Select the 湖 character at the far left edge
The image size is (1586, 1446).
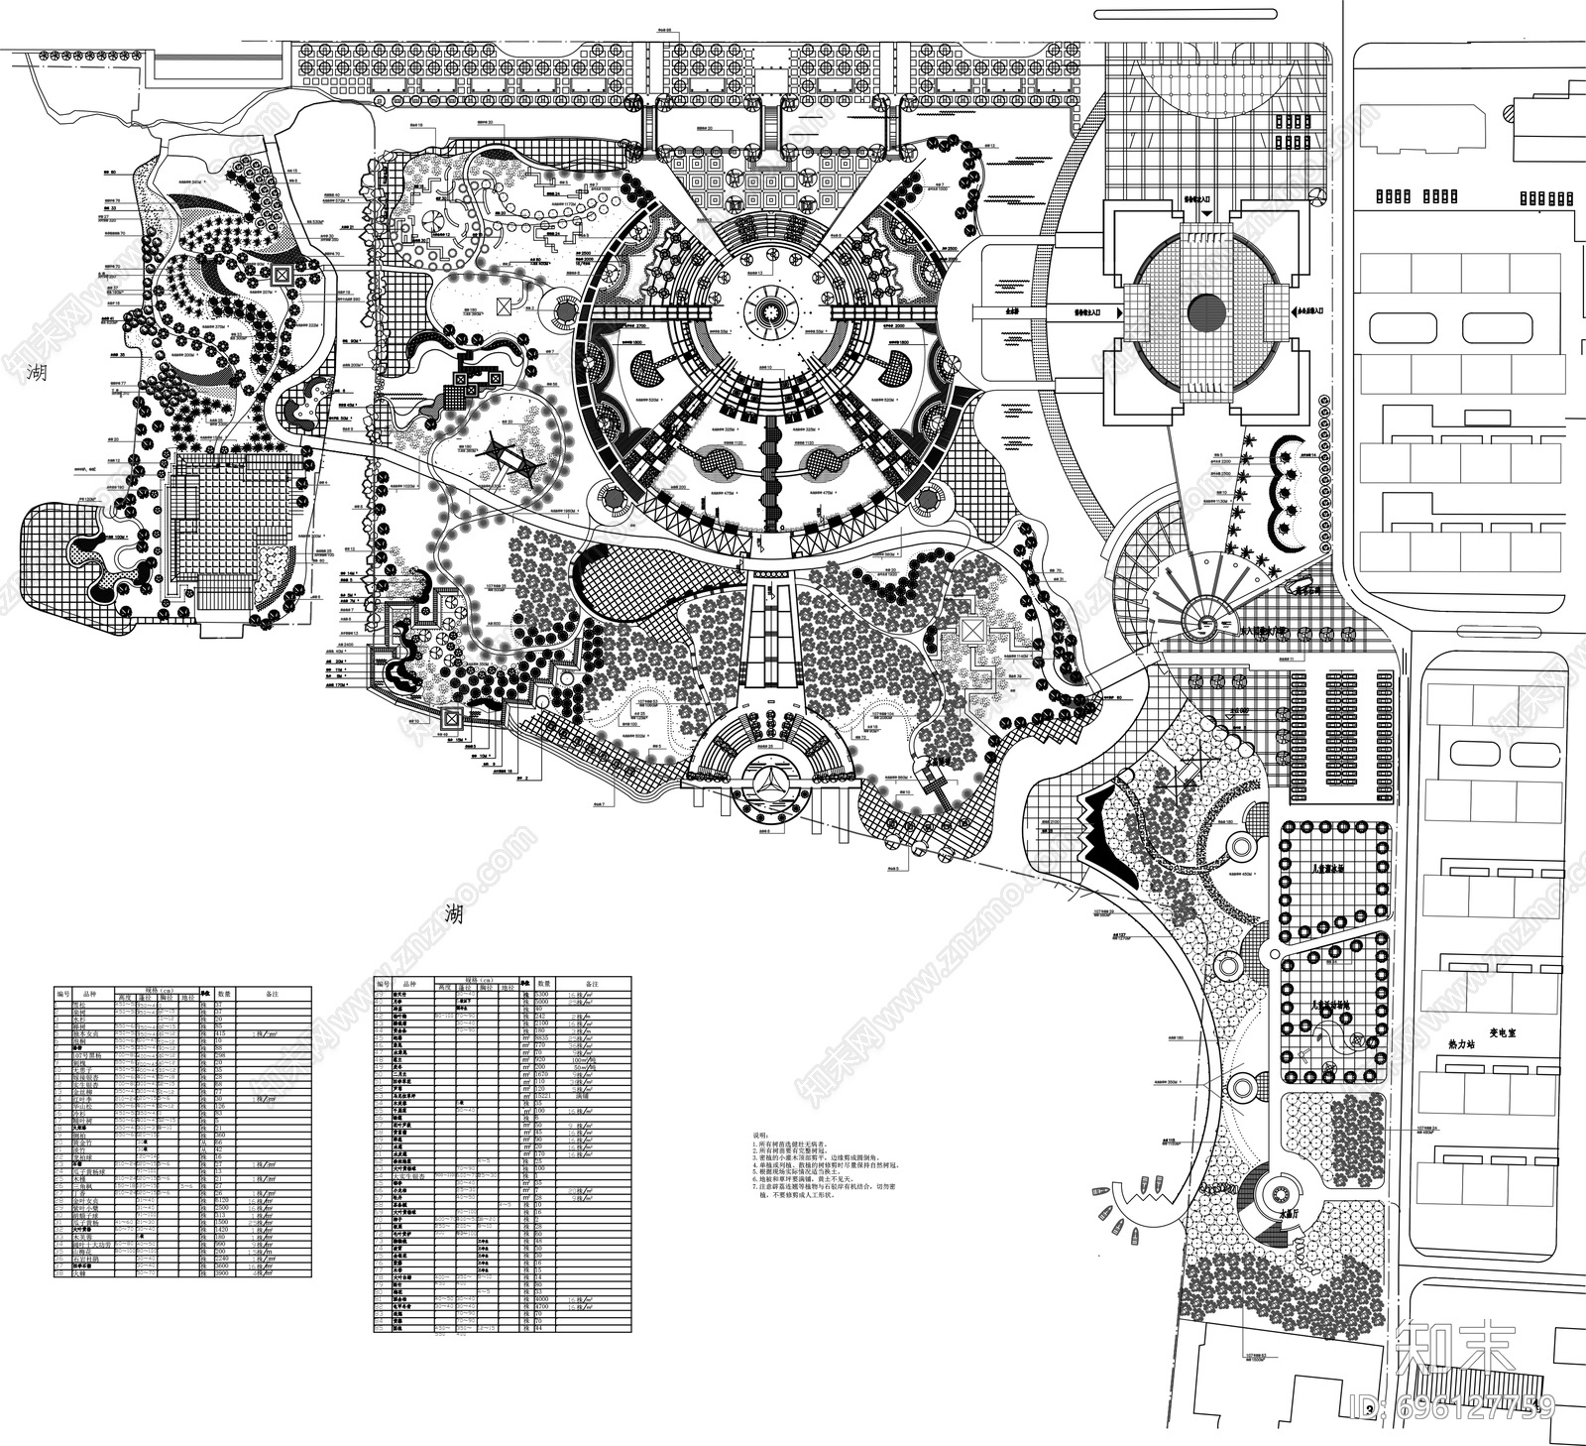[38, 373]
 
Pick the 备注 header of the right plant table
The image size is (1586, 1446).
[592, 983]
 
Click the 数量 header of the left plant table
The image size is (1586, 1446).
[225, 992]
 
